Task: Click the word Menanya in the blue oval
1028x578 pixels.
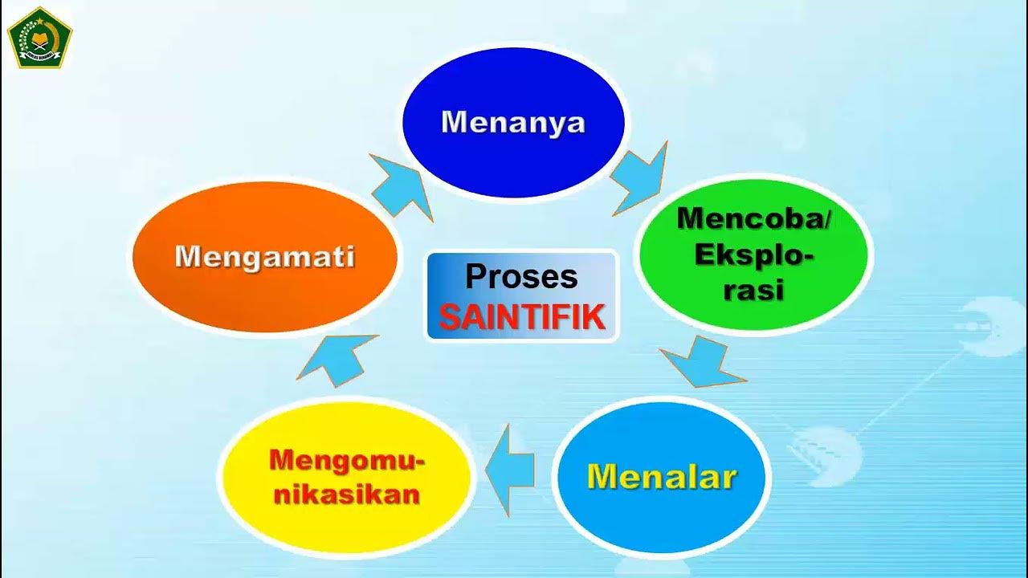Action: [513, 123]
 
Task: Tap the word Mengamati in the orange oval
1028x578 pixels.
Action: [264, 258]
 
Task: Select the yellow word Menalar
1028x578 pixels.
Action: [662, 477]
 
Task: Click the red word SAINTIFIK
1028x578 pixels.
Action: [521, 318]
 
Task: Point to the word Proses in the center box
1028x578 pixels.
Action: [521, 277]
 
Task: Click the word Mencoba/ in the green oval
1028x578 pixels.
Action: [753, 218]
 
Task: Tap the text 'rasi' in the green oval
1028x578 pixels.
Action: [753, 290]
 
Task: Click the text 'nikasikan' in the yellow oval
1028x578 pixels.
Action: [347, 494]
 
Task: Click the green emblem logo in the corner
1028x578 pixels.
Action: [39, 37]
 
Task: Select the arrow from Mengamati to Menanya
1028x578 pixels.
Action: [402, 186]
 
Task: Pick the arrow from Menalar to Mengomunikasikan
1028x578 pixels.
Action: [511, 469]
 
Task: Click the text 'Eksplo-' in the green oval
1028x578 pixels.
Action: [753, 255]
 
